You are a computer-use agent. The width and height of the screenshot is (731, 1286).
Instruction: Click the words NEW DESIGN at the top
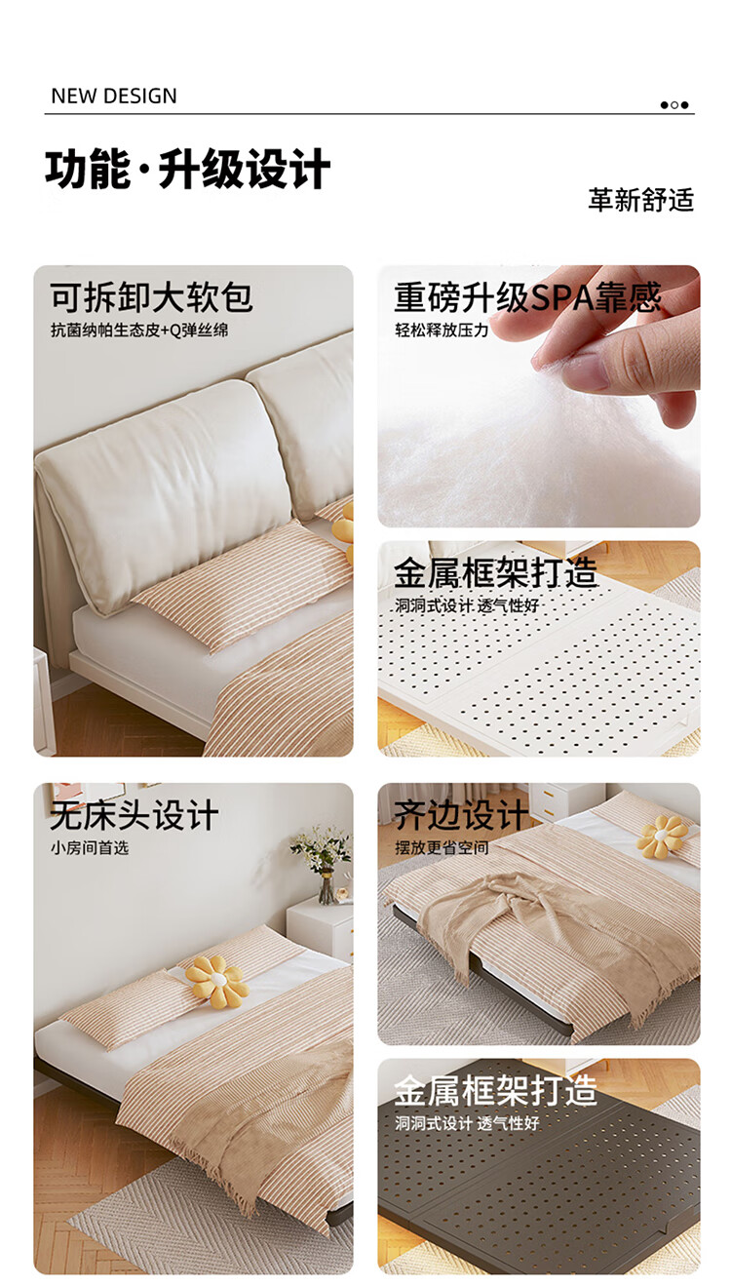tap(114, 96)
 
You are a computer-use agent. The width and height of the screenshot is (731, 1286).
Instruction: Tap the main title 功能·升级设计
tap(188, 169)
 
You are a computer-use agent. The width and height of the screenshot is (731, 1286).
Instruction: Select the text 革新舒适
tap(641, 200)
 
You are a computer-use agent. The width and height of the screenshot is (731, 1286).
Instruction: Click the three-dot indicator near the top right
tap(674, 105)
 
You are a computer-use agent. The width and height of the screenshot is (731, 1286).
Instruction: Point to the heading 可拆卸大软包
tap(151, 297)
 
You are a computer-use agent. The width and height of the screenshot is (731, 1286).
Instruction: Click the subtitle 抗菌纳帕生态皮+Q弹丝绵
tap(138, 331)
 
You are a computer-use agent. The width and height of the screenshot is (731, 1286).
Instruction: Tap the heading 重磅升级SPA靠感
tap(528, 297)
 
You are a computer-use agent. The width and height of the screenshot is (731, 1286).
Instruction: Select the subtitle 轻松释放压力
tap(442, 331)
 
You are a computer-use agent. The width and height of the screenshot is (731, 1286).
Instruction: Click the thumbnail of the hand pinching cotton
tap(539, 396)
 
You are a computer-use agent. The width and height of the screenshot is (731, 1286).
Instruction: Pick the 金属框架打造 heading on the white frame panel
tap(496, 572)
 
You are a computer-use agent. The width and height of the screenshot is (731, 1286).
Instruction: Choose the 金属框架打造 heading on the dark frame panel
tap(496, 1090)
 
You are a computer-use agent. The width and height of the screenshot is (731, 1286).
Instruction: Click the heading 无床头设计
tap(135, 815)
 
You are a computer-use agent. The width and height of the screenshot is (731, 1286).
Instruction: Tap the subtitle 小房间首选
tap(90, 848)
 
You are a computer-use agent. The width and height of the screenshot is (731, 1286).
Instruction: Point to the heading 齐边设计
tap(461, 815)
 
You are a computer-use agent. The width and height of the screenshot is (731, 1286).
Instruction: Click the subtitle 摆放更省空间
tap(442, 848)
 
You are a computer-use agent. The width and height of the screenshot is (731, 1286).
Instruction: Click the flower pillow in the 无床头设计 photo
tap(216, 981)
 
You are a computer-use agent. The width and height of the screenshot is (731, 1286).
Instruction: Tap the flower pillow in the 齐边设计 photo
tap(663, 837)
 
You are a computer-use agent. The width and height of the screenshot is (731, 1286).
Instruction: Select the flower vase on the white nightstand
tap(322, 865)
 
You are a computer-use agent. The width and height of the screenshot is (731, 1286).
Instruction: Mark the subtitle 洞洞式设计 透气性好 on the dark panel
tap(467, 1123)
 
